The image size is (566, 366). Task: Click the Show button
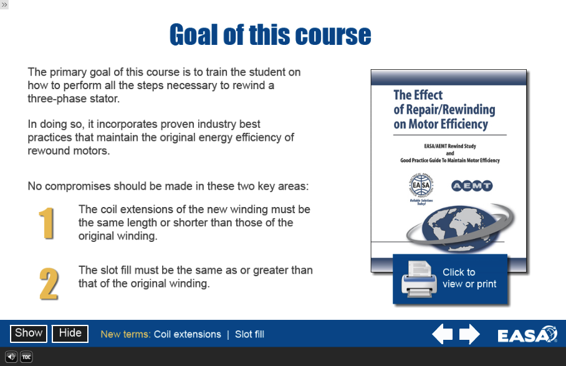29,334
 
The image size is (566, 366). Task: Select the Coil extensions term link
188,334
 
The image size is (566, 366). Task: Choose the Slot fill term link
249,334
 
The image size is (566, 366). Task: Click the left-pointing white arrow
442,334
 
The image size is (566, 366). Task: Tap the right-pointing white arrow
469,334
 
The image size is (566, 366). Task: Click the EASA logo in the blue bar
527,335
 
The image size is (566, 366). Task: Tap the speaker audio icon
11,357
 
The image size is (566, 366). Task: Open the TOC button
26,357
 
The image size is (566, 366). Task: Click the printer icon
419,279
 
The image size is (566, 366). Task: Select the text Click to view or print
469,278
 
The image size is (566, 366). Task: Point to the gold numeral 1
47,223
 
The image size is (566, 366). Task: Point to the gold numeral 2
49,284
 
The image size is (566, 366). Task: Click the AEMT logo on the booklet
472,186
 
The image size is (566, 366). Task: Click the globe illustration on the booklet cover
460,228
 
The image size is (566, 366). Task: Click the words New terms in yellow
125,334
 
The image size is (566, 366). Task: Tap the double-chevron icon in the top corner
4,5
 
